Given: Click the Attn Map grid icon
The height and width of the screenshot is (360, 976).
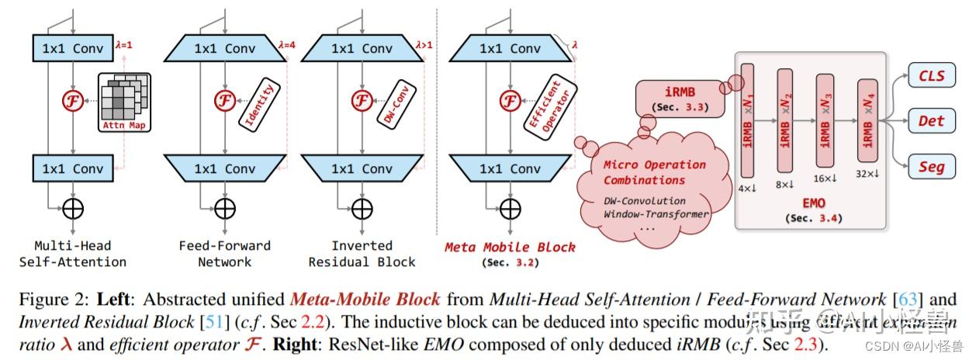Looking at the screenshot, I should (x=125, y=102).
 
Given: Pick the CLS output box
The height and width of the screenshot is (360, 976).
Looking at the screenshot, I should (x=931, y=76).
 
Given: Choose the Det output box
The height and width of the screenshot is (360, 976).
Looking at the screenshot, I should (x=931, y=121).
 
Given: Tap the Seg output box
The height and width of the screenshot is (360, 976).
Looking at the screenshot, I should (x=931, y=166).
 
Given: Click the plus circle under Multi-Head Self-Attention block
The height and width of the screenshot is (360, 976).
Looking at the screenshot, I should (x=72, y=208).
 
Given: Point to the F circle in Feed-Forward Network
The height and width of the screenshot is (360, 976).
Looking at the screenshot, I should (x=225, y=101).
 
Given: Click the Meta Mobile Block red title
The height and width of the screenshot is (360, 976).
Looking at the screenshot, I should (x=510, y=247).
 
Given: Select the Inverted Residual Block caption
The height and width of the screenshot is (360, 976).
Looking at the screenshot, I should (x=362, y=254).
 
